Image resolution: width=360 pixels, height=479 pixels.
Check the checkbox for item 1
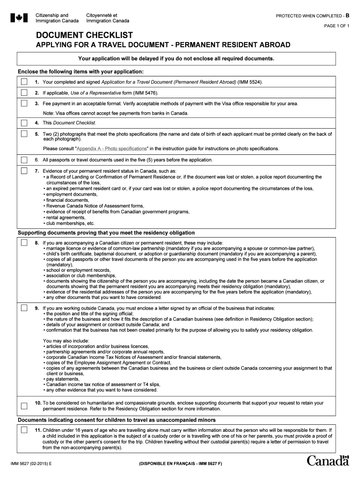click(24, 82)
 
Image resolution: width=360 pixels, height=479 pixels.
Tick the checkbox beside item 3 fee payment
click(24, 104)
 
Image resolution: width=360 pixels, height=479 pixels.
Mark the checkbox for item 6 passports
click(24, 160)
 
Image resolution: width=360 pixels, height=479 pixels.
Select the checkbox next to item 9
click(24, 309)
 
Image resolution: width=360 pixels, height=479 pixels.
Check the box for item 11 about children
click(24, 429)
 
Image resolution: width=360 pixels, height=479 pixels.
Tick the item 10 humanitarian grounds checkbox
click(24, 405)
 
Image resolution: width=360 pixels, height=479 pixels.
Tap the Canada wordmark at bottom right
click(328, 461)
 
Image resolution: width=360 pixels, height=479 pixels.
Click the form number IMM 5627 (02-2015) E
click(32, 464)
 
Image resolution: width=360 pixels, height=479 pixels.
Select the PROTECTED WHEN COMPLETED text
click(310, 15)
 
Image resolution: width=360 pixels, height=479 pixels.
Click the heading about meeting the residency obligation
click(106, 233)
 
